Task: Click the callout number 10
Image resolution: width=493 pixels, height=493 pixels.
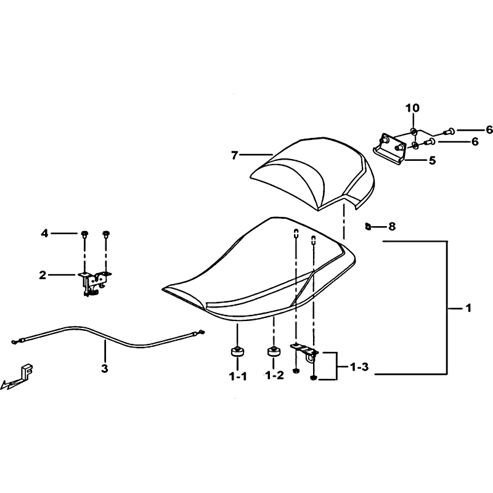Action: [412, 108]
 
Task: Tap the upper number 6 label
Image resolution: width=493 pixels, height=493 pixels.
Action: [489, 129]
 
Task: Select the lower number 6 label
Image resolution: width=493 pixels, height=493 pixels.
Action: [475, 142]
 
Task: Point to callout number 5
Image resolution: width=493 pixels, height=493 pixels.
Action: [433, 160]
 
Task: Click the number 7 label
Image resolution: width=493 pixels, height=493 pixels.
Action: [234, 155]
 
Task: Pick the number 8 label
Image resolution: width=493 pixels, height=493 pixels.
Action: [392, 226]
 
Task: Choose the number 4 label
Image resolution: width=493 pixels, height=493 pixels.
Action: [44, 234]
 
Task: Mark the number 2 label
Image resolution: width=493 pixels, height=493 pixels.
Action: [43, 275]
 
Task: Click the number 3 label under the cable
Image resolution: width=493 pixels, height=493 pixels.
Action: [105, 368]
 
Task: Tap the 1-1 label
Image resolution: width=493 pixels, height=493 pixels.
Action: [238, 376]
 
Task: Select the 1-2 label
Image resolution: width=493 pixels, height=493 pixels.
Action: [274, 375]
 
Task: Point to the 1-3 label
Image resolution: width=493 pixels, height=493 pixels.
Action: [359, 367]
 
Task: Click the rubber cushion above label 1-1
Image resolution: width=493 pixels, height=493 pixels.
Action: [237, 351]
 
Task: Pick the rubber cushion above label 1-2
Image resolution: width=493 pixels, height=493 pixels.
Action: [274, 351]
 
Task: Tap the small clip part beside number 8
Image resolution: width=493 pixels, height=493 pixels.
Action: [367, 226]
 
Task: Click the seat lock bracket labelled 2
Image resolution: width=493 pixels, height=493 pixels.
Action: [94, 282]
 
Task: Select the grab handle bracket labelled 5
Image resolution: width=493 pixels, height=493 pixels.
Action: [390, 149]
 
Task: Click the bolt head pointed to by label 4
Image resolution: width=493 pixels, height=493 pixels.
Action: [84, 234]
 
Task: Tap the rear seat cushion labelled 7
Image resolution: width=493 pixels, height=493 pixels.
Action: [313, 173]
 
